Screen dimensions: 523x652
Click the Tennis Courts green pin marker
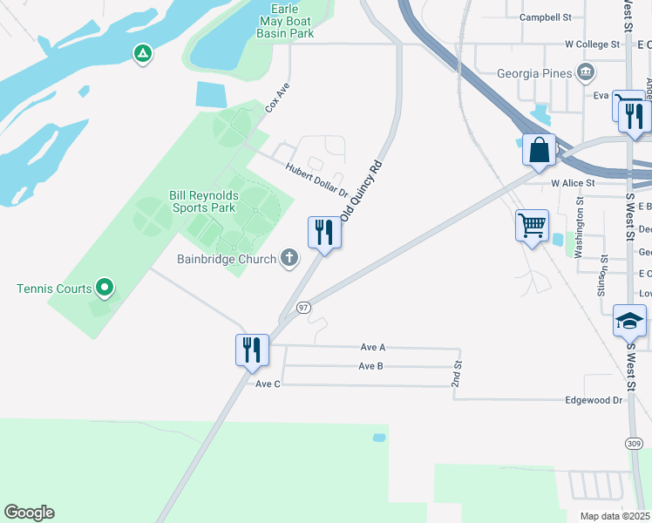point(105,286)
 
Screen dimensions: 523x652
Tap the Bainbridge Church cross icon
point(289,258)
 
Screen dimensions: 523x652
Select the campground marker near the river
point(143,54)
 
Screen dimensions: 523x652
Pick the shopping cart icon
point(532,226)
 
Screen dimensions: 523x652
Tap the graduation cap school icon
point(629,321)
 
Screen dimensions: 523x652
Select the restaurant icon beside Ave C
point(252,350)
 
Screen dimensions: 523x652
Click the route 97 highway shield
point(303,308)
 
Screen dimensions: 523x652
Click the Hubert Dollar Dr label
point(316,180)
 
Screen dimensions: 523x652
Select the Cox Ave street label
point(277,97)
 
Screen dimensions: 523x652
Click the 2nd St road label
point(456,374)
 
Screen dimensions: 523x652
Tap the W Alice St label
point(573,183)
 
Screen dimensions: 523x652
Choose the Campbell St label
point(545,17)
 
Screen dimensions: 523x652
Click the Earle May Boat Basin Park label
point(284,20)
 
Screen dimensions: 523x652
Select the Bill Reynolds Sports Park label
point(202,202)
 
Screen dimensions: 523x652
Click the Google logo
point(29,513)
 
